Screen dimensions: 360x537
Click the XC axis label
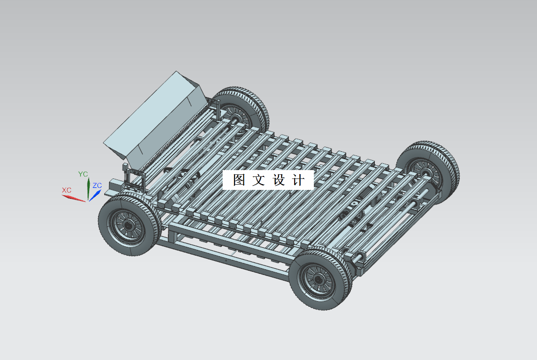67,190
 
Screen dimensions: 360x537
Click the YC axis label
83,174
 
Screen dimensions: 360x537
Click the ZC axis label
97,185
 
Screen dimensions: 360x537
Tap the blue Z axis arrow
94,195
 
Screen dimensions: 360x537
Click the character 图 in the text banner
239,181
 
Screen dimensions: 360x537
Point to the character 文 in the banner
259,181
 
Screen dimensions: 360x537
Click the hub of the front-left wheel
127,225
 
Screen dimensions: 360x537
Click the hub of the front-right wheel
318,280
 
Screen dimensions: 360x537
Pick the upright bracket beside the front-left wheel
127,175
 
